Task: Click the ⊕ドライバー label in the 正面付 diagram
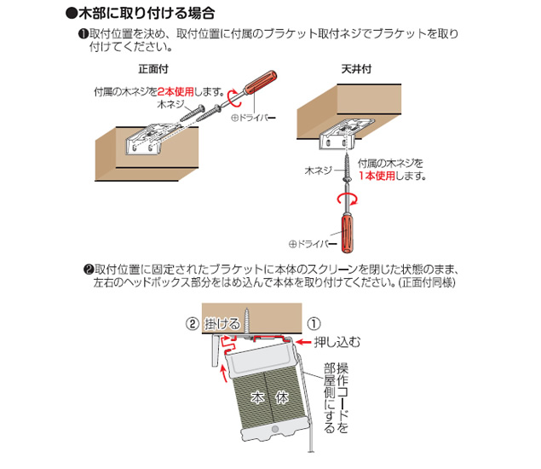254,119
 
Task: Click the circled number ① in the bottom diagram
314,324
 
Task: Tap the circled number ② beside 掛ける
193,324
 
